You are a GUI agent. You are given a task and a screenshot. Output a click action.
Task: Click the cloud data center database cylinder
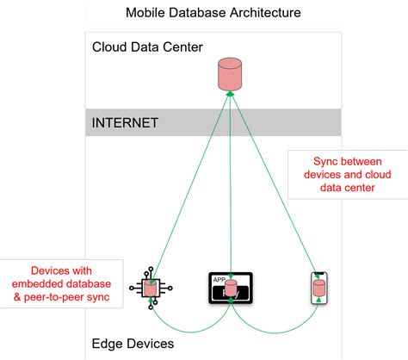pyautogui.click(x=228, y=73)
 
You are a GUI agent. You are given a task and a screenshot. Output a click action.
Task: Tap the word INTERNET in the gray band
pyautogui.click(x=125, y=122)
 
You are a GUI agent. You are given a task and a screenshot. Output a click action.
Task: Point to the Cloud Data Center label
pyautogui.click(x=147, y=46)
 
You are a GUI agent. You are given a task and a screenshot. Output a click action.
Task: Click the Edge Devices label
pyautogui.click(x=133, y=344)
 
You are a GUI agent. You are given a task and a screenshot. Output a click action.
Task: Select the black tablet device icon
pyautogui.click(x=230, y=289)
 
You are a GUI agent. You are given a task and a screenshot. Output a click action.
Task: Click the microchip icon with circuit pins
pyautogui.click(x=150, y=289)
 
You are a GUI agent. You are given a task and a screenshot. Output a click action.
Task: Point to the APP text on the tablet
pyautogui.click(x=219, y=279)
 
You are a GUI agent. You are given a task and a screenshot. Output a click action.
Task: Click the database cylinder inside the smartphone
pyautogui.click(x=318, y=287)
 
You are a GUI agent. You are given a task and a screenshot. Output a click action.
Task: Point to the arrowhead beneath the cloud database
pyautogui.click(x=228, y=93)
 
